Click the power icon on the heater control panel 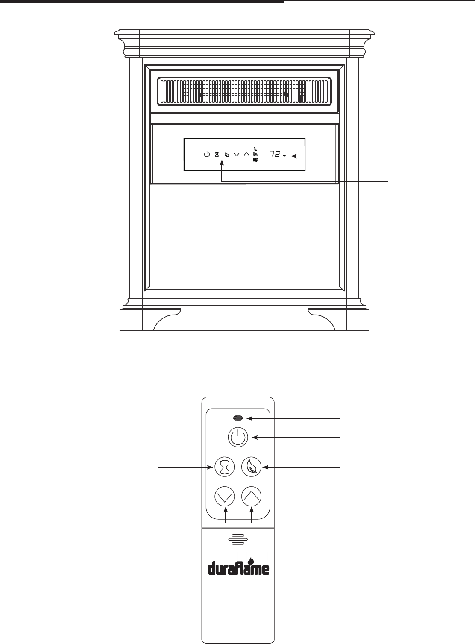click(x=207, y=154)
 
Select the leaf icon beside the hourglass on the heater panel click(x=227, y=154)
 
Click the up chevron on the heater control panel click(x=246, y=154)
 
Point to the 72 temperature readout click(x=275, y=154)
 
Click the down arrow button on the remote click(x=226, y=497)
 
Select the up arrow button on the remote click(x=252, y=497)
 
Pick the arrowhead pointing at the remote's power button click(x=255, y=437)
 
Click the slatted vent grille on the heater click(x=245, y=91)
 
